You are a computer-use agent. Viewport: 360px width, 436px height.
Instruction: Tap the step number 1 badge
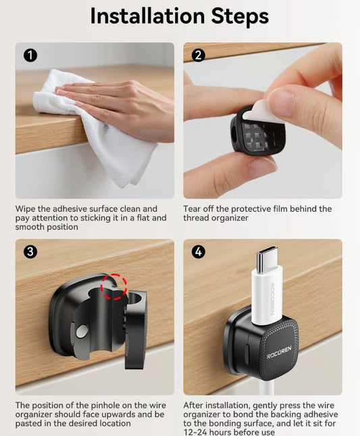pos(30,55)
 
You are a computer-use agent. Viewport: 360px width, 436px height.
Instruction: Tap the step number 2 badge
pos(199,55)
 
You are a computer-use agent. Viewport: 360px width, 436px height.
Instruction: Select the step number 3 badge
pos(30,251)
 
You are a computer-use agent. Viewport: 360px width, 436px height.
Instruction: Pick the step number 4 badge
pos(199,251)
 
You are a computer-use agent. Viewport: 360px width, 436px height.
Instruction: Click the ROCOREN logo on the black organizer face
pos(279,352)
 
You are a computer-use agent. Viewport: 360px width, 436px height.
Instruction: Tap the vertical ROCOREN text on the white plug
pos(272,298)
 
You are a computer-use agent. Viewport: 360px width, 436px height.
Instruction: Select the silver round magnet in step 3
pos(82,331)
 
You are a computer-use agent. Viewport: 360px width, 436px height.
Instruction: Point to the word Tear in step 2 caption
pos(192,209)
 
